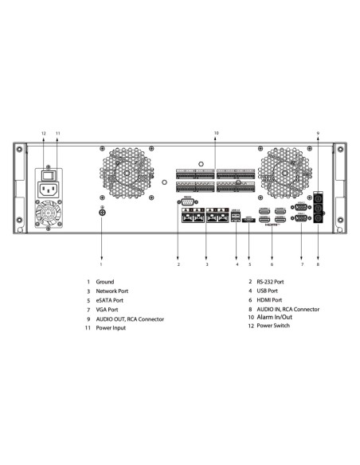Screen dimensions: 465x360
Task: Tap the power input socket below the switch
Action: pyautogui.click(x=48, y=190)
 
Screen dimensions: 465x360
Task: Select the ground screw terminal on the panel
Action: pyautogui.click(x=102, y=211)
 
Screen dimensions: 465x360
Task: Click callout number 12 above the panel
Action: pyautogui.click(x=44, y=132)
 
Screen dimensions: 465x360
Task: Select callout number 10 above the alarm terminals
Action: pyautogui.click(x=216, y=132)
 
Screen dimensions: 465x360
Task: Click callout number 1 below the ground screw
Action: pyautogui.click(x=101, y=264)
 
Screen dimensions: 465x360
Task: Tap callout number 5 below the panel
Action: pyautogui.click(x=249, y=264)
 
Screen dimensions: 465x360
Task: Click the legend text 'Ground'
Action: pyautogui.click(x=105, y=282)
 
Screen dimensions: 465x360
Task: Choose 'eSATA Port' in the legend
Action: pyautogui.click(x=111, y=300)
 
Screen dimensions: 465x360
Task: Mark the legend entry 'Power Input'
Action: pyautogui.click(x=112, y=327)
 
